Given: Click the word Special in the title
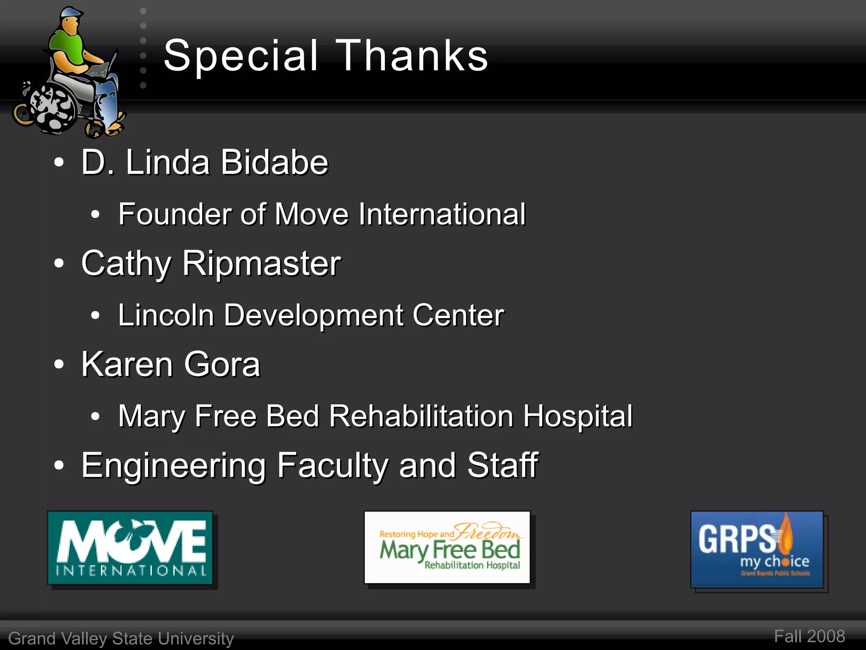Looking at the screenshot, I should [x=240, y=56].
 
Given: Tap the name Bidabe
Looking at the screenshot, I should [x=274, y=162].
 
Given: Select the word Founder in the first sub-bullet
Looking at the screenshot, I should [x=174, y=214].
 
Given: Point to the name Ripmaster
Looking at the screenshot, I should [x=261, y=263].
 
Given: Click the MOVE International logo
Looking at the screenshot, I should [x=130, y=548].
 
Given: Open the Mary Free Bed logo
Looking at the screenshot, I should [x=447, y=548].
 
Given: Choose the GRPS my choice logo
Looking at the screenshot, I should [x=757, y=549].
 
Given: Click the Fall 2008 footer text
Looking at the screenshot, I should [x=809, y=636].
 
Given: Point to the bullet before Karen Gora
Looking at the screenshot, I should [x=59, y=365].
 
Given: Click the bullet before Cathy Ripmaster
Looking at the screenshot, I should [x=59, y=263].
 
